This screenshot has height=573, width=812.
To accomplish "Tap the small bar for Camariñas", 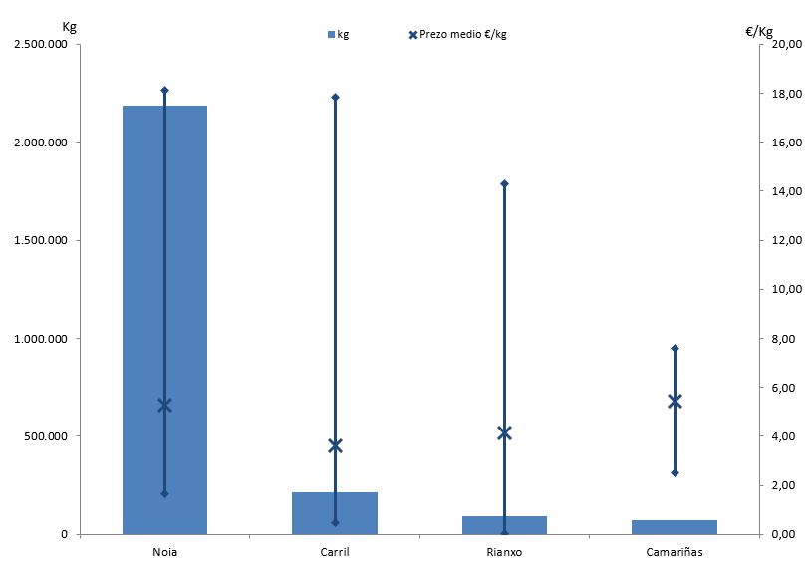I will (x=674, y=527).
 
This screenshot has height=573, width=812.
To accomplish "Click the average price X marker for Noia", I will (x=164, y=405).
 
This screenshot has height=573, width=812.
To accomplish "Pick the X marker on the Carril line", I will (x=335, y=445).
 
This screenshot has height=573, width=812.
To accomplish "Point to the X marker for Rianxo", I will (x=504, y=432).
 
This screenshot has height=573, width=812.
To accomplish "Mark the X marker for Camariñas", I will (x=674, y=401).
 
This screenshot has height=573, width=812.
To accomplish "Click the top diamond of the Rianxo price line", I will (x=504, y=183).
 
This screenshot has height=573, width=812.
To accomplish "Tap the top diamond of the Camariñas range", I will (x=674, y=348).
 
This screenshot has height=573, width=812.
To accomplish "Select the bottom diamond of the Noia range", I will (x=164, y=493).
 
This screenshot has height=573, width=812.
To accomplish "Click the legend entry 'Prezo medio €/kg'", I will (x=457, y=35).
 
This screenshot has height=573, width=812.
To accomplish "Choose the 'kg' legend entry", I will (x=338, y=35).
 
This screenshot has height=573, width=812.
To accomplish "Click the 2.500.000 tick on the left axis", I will (x=41, y=45).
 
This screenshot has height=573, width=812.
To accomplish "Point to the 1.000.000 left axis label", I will (x=41, y=339).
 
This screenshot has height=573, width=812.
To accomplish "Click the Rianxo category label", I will (x=504, y=551).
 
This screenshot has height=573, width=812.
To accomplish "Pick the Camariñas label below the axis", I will (x=674, y=551).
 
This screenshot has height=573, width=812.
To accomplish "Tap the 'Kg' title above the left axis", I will (x=69, y=27).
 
